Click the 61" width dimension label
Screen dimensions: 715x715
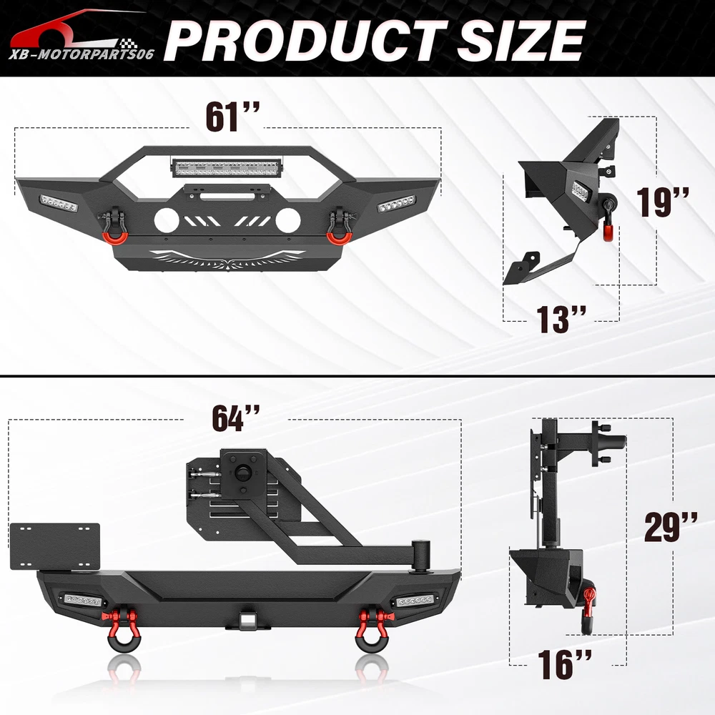232,117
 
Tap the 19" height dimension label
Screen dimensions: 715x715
663,202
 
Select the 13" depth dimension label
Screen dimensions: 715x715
561,319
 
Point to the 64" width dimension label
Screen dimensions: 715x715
236,418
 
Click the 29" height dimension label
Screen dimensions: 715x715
671,527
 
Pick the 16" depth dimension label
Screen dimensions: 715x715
565,664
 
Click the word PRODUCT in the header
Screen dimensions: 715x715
305,40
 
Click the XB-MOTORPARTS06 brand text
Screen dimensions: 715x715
82,55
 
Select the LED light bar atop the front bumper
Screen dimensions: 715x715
227,169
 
